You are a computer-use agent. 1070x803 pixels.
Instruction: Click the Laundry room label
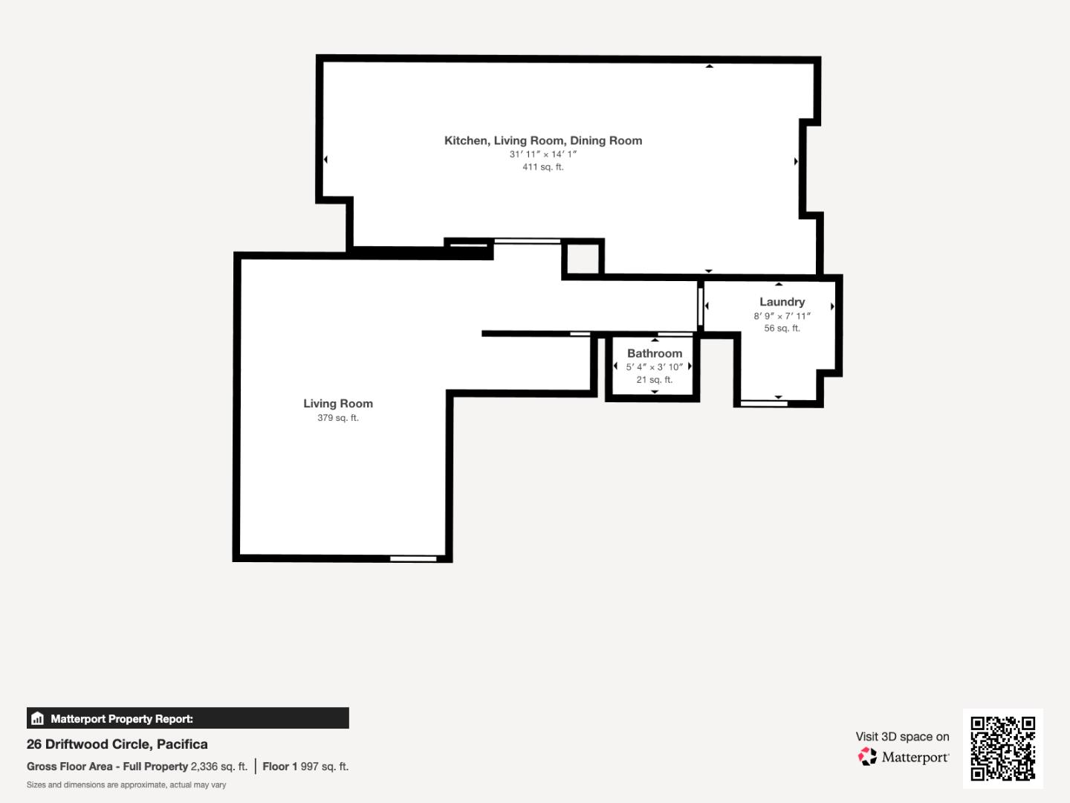tap(782, 302)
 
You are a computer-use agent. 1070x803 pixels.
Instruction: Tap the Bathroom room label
tap(654, 353)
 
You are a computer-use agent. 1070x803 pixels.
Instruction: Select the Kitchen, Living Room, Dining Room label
tap(542, 141)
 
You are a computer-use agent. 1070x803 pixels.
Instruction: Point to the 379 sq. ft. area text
tap(338, 418)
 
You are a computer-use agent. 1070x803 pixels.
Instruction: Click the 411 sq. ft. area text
tap(542, 167)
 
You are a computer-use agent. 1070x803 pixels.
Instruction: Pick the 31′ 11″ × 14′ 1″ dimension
tap(542, 154)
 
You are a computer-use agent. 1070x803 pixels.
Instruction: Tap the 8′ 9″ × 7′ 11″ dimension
tap(782, 316)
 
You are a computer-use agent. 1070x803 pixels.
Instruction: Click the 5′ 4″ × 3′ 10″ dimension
tap(654, 367)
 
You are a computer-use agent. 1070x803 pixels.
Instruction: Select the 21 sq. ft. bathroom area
tap(654, 380)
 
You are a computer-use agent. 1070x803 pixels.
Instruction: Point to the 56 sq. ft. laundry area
tap(782, 329)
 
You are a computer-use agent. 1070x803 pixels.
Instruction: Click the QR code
tap(1002, 748)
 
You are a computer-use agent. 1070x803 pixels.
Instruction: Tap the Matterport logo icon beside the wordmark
tap(867, 757)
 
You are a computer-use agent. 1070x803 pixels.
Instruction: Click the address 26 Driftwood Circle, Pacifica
tap(117, 744)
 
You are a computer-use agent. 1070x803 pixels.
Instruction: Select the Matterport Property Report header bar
tap(187, 718)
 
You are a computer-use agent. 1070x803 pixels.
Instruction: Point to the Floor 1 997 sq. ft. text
tap(305, 767)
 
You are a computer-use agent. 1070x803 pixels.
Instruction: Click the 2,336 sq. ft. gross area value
tap(219, 767)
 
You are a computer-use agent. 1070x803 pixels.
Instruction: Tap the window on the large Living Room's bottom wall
tap(413, 558)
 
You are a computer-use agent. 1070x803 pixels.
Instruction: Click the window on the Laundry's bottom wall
tap(764, 404)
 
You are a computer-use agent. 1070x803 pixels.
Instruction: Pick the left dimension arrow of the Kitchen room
tap(325, 159)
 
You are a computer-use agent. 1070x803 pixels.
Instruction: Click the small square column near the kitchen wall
tap(583, 258)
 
